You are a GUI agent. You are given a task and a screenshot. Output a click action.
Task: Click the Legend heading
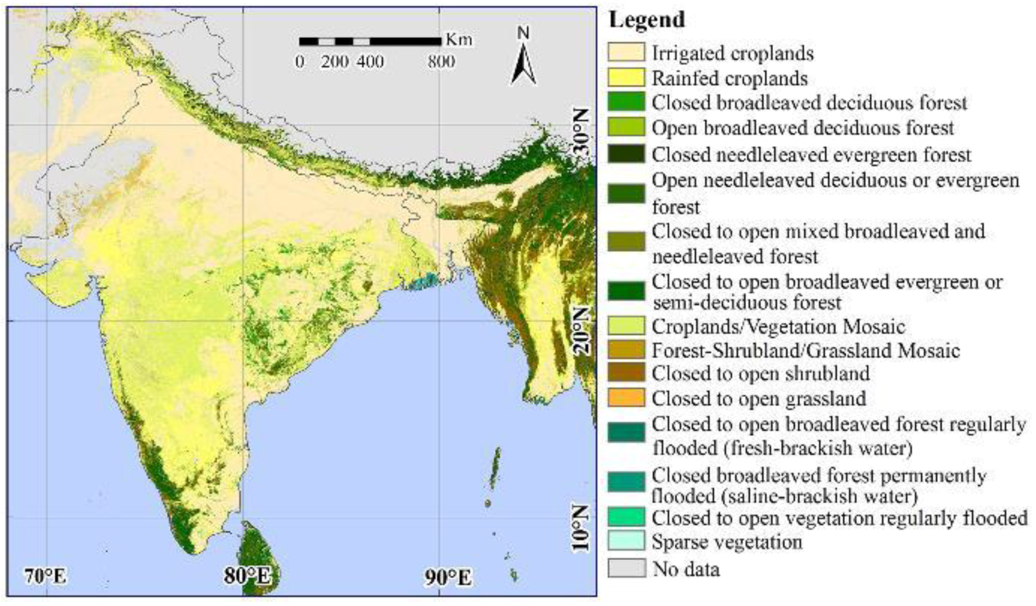[x=647, y=20]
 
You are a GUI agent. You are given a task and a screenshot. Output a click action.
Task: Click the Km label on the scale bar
[x=459, y=40]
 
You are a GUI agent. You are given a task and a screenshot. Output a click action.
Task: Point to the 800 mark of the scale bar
[x=441, y=62]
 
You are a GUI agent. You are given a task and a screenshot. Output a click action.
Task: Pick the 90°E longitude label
[x=448, y=578]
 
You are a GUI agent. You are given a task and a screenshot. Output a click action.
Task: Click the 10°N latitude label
[x=582, y=528]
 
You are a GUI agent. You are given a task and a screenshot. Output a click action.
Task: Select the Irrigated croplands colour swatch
[x=627, y=52]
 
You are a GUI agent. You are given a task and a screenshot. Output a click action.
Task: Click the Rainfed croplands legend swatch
[x=627, y=78]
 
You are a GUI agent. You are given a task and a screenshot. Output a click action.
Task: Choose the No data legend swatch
[x=627, y=568]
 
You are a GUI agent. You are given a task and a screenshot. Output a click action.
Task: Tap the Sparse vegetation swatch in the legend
[x=627, y=541]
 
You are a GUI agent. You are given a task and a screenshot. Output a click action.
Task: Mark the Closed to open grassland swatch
[x=627, y=398]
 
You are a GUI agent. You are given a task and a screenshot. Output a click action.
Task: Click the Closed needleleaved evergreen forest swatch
[x=627, y=154]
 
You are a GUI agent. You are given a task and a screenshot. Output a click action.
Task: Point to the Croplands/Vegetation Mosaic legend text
[x=778, y=327]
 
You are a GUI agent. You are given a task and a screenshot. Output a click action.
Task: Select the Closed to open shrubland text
[x=760, y=374]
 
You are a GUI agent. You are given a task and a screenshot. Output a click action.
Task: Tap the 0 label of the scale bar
[x=300, y=62]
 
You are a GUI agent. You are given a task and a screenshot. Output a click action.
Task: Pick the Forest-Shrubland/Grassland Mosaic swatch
[x=627, y=350]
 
